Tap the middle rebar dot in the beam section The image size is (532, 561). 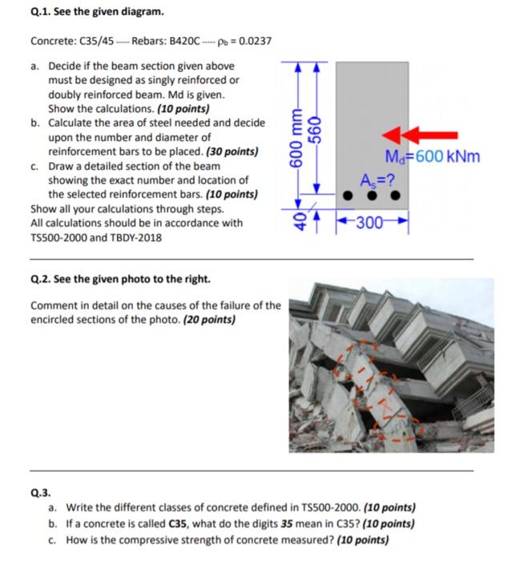373,196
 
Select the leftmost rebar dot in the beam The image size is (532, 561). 348,196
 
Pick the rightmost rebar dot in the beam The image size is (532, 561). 395,196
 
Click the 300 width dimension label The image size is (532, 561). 373,223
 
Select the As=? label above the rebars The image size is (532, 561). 372,178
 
